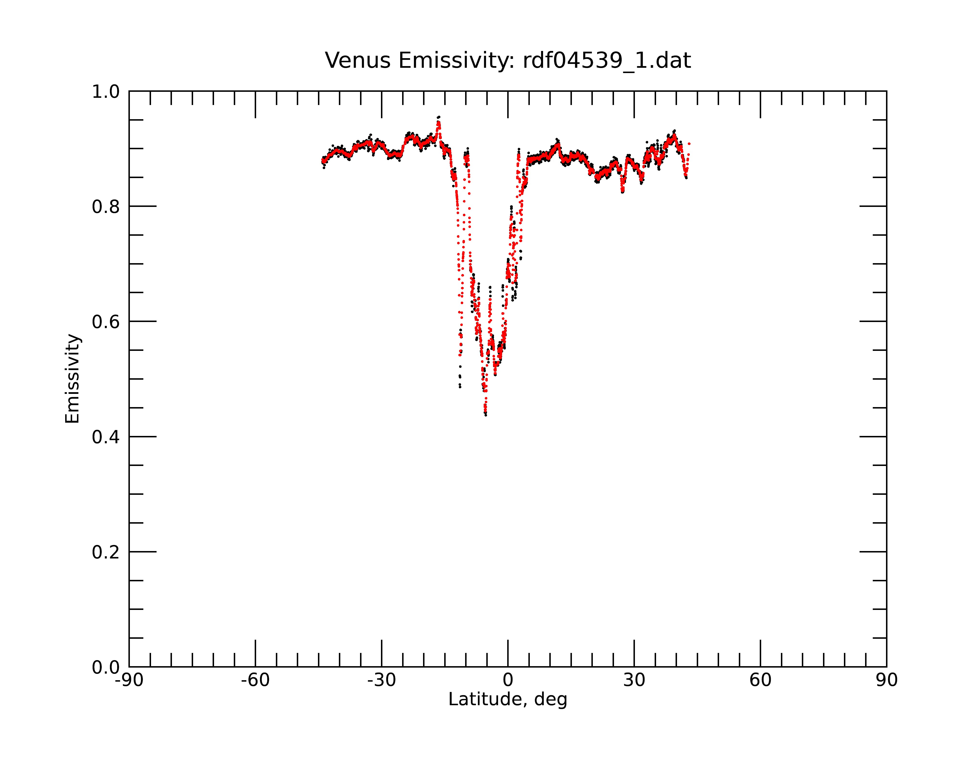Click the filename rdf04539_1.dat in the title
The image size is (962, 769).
click(x=607, y=61)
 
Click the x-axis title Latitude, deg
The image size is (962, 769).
click(x=508, y=700)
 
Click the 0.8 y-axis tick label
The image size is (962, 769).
click(x=106, y=207)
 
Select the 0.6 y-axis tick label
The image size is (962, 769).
click(x=106, y=322)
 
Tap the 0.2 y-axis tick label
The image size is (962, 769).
click(x=106, y=552)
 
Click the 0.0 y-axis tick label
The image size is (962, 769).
click(x=106, y=667)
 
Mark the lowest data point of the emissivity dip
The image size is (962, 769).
click(x=486, y=415)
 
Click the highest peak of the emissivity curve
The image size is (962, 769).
click(x=439, y=117)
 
